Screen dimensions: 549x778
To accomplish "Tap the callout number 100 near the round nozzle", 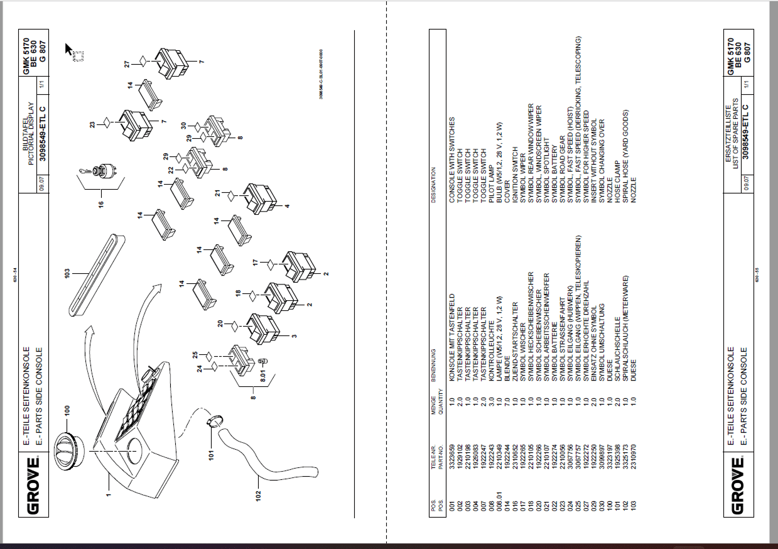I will tap(67, 411).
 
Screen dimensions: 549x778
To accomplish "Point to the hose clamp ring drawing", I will tap(215, 421).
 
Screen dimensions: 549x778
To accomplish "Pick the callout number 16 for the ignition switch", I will tap(101, 203).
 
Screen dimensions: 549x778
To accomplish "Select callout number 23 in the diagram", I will tap(92, 124).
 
